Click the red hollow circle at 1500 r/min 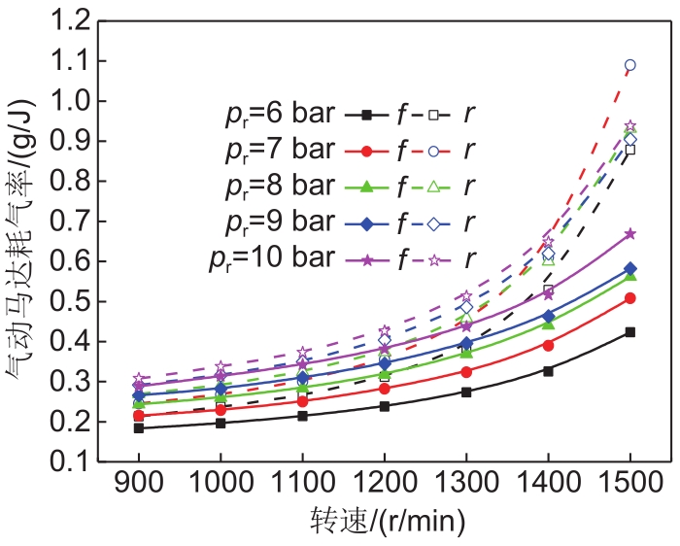(x=630, y=65)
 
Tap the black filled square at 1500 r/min (x=630, y=332)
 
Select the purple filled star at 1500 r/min (x=630, y=234)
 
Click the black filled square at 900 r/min (x=139, y=427)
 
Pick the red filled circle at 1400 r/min (x=548, y=345)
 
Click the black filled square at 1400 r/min (x=548, y=370)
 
